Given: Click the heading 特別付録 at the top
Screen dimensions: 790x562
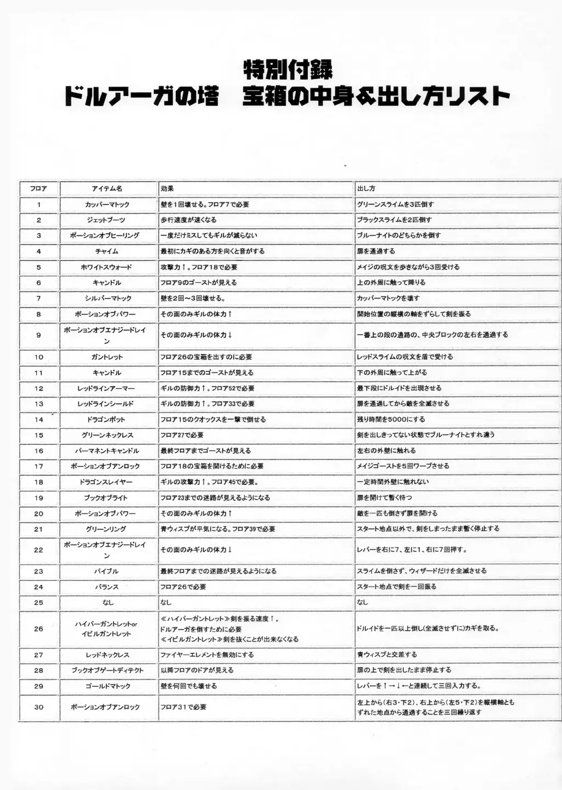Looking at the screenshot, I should [288, 70].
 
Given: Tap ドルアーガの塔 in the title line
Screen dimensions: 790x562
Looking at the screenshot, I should [142, 97].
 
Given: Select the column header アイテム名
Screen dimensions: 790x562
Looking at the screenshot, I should [107, 189].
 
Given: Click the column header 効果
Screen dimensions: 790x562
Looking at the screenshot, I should [167, 189].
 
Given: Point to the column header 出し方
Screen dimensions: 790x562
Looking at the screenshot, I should [366, 189].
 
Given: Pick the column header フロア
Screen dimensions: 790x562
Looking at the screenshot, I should [38, 189].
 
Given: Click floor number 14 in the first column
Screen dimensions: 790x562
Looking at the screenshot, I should [38, 420].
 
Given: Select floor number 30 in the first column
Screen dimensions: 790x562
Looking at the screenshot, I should [38, 707].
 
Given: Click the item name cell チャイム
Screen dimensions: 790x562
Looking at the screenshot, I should [107, 251].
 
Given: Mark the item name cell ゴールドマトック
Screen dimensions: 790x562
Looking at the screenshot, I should [108, 686].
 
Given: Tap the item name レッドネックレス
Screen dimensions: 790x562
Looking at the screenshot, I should [107, 655].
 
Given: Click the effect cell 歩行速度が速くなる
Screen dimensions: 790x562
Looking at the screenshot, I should [188, 220].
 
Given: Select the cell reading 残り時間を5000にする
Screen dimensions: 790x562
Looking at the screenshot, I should [391, 420].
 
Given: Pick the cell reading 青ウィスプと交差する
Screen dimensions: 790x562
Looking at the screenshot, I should [387, 654].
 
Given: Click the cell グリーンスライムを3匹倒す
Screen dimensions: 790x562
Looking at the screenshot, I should [395, 205].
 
